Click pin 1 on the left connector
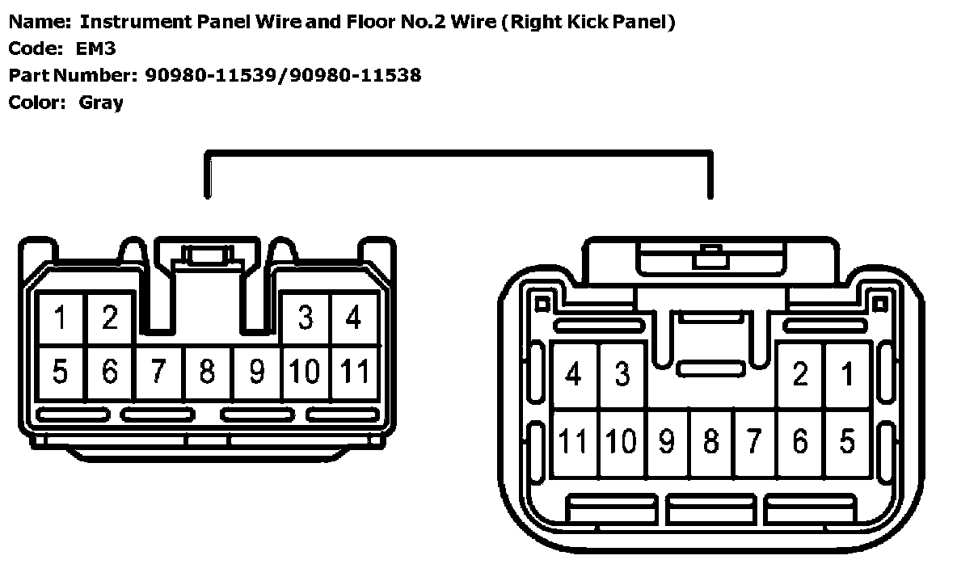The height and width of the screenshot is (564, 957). click(x=61, y=318)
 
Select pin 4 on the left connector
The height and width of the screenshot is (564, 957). click(x=353, y=318)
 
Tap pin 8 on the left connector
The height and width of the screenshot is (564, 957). click(x=208, y=372)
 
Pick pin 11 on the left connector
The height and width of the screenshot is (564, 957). click(x=355, y=372)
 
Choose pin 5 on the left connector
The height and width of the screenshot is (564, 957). click(x=61, y=372)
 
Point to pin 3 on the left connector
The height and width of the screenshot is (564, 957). click(x=305, y=318)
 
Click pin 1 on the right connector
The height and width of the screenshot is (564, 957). click(x=847, y=375)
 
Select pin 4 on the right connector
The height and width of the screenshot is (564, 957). click(x=574, y=375)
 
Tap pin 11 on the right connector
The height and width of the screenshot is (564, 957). click(x=574, y=442)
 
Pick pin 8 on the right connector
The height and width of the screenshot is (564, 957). click(x=711, y=442)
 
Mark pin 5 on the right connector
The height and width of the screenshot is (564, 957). click(x=847, y=442)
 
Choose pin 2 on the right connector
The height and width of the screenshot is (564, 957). click(x=800, y=375)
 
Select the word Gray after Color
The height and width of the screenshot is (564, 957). click(x=101, y=103)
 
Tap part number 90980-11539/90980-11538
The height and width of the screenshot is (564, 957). click(x=283, y=75)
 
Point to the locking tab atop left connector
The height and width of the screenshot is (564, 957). click(x=207, y=257)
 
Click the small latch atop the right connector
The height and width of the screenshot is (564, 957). click(x=710, y=257)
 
